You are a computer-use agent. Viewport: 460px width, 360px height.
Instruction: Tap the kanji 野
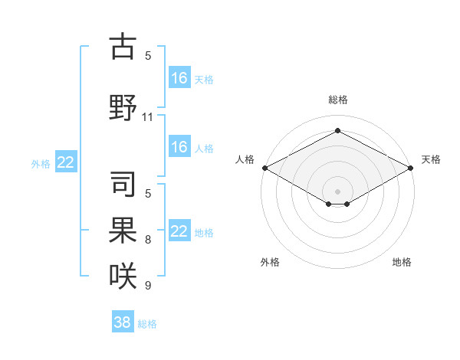pyautogui.click(x=123, y=107)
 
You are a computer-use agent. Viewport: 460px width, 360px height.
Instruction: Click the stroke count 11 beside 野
pyautogui.click(x=148, y=117)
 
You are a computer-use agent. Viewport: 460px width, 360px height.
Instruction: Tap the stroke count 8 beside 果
pyautogui.click(x=148, y=241)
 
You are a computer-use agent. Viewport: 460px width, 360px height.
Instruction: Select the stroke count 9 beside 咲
pyautogui.click(x=148, y=286)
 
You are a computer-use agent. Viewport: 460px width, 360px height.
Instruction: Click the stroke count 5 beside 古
pyautogui.click(x=148, y=55)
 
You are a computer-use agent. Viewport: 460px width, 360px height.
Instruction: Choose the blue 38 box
pyautogui.click(x=123, y=322)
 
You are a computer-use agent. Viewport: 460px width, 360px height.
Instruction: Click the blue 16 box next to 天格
pyautogui.click(x=179, y=77)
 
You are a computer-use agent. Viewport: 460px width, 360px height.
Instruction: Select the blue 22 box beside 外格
pyautogui.click(x=66, y=162)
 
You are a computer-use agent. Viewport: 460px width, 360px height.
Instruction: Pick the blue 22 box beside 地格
pyautogui.click(x=179, y=231)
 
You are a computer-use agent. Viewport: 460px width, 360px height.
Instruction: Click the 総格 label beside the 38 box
pyautogui.click(x=147, y=324)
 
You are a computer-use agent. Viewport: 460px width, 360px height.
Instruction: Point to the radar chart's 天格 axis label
pyautogui.click(x=431, y=159)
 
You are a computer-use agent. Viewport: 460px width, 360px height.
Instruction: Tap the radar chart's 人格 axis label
pyautogui.click(x=245, y=159)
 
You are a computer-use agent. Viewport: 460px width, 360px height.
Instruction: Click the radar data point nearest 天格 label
pyautogui.click(x=412, y=168)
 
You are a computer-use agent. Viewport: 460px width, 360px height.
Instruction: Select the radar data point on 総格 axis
pyautogui.click(x=337, y=131)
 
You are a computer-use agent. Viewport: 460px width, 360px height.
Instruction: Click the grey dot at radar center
pyautogui.click(x=337, y=190)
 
